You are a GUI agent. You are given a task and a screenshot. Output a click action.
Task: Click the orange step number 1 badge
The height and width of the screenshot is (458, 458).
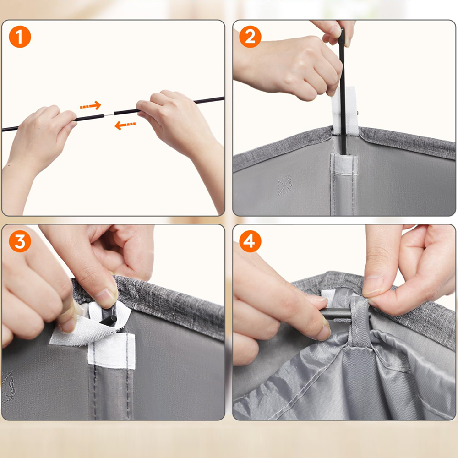(x=20, y=37)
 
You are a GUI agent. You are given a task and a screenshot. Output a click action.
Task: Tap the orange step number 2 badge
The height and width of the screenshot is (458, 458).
(x=250, y=37)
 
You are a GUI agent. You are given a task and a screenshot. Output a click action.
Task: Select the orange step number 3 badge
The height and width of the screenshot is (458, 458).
(x=20, y=241)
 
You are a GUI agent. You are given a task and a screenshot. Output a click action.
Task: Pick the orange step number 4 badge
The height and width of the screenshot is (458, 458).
(x=250, y=241)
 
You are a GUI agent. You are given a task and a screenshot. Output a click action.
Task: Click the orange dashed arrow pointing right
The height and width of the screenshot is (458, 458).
(x=91, y=106)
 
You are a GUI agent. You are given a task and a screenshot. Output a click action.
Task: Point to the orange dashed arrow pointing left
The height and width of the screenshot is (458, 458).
(x=125, y=125)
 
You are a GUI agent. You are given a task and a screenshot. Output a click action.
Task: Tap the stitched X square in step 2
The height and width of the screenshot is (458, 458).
(x=284, y=185)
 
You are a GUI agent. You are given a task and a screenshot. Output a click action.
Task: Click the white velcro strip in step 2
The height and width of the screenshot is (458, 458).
(x=345, y=111)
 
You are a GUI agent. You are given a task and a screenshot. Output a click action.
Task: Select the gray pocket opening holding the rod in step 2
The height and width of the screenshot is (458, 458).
(x=344, y=164)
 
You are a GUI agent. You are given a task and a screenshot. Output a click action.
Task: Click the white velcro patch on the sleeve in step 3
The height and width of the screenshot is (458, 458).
(x=112, y=350)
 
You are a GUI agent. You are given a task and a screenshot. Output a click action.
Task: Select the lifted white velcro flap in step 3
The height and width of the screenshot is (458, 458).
(x=91, y=324)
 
